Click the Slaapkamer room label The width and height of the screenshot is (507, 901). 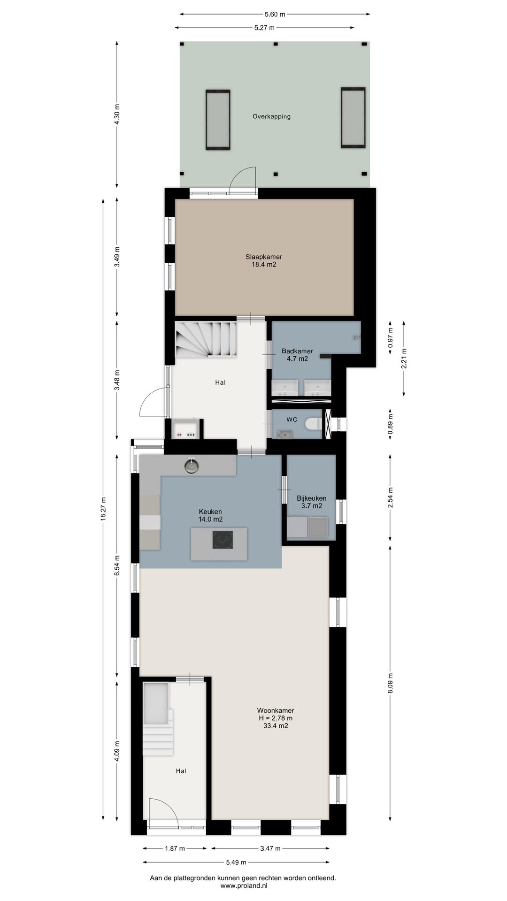tap(263, 257)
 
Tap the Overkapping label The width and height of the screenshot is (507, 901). tap(271, 116)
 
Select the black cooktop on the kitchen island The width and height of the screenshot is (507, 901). tap(223, 539)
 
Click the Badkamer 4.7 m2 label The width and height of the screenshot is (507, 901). tap(297, 355)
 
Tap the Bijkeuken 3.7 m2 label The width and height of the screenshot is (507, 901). tap(311, 502)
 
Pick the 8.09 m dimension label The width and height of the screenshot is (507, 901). tap(391, 685)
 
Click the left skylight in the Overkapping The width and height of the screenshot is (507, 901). tap(218, 120)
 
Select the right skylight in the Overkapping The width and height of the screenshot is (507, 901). tap(353, 118)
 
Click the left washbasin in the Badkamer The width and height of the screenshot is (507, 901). tap(284, 388)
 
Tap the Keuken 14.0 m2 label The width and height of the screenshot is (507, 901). tap(210, 515)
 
